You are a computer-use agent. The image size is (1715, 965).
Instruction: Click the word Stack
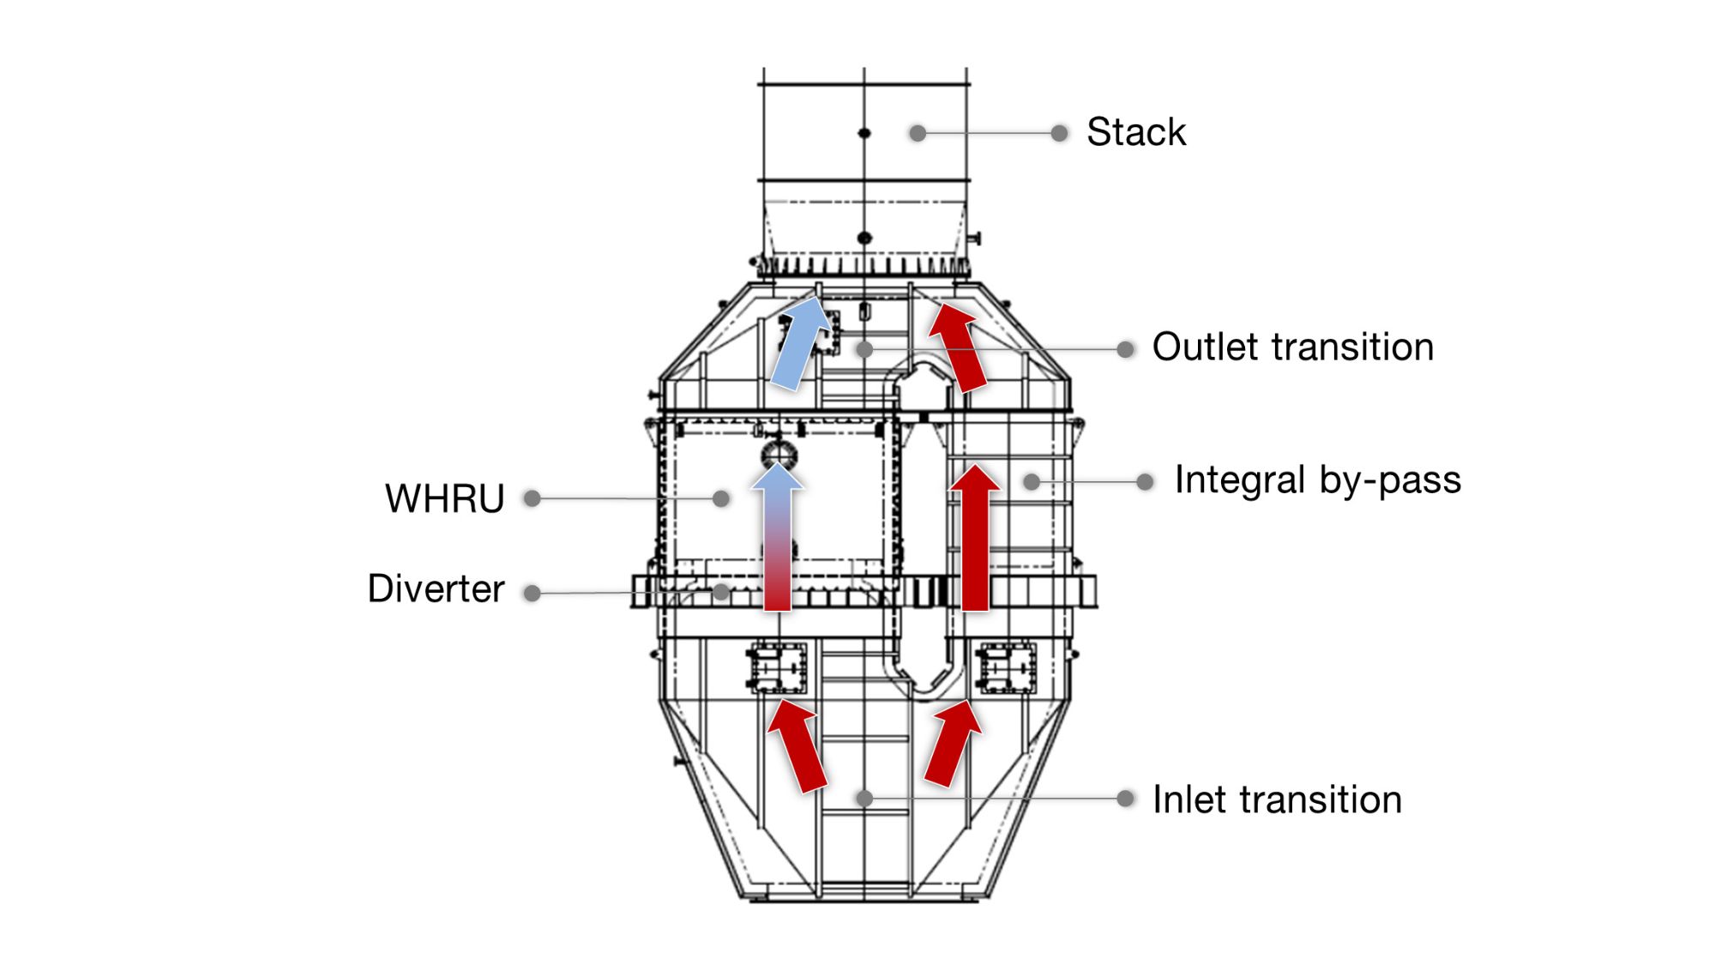tap(1135, 132)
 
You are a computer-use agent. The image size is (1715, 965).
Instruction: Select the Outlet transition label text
tap(1292, 347)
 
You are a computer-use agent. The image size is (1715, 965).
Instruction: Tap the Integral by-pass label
tap(1317, 480)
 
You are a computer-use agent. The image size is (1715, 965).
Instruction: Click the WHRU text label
tap(444, 498)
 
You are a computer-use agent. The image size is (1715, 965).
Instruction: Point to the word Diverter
tap(436, 589)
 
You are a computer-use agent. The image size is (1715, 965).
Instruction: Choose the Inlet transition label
tap(1277, 799)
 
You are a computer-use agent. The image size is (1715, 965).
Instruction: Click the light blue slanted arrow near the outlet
tap(800, 342)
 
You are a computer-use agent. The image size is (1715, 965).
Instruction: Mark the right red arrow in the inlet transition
tap(953, 743)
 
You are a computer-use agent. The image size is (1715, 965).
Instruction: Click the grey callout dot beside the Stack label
tap(1060, 133)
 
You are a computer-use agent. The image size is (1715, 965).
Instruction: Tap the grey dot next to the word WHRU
tap(533, 498)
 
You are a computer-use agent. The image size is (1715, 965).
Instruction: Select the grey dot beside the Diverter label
tap(533, 593)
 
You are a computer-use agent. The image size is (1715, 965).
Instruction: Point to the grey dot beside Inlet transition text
tap(1126, 799)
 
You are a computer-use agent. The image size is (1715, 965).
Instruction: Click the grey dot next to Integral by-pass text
tap(1145, 482)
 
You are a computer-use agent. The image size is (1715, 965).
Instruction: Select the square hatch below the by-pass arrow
tap(1007, 667)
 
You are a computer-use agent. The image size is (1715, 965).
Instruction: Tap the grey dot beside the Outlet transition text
tap(1126, 349)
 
